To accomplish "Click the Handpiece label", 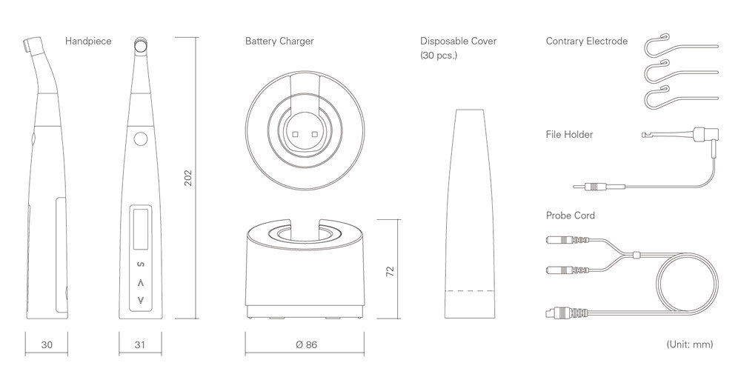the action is click(x=88, y=41).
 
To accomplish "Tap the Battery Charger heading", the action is click(x=279, y=41).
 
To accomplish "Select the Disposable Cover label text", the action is click(x=459, y=41).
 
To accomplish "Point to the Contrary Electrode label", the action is click(x=586, y=41).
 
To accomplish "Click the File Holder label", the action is click(x=569, y=135).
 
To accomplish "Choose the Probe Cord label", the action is click(x=571, y=216).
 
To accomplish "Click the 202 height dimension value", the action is click(x=188, y=177).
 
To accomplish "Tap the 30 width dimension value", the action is click(x=47, y=345).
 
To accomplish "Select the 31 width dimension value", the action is click(x=140, y=345).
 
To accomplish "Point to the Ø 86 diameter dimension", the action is click(x=306, y=345).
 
